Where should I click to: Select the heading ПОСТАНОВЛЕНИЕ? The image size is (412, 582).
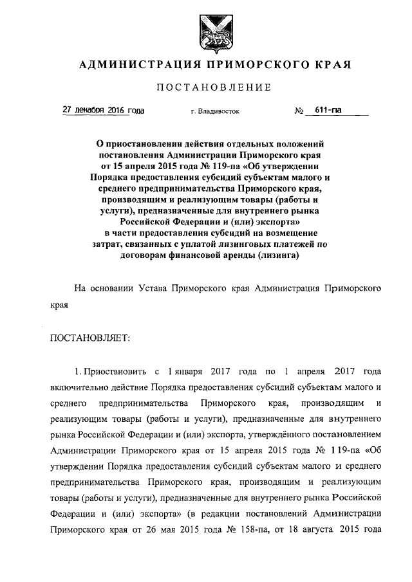tap(206, 87)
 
